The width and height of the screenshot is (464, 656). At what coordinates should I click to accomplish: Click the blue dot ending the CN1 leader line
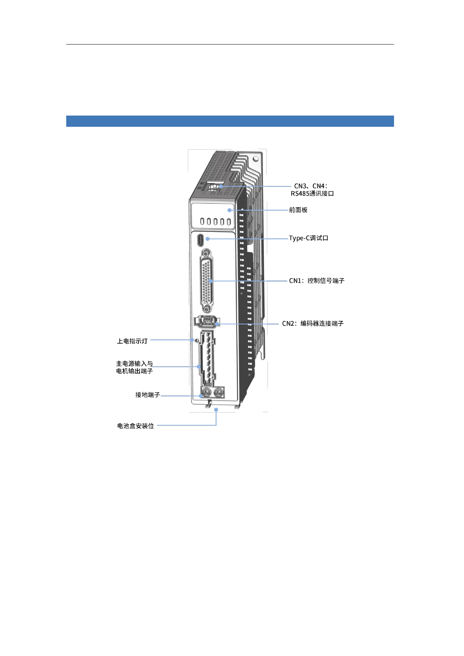210,281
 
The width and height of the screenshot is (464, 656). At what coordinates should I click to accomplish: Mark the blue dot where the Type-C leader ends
208,239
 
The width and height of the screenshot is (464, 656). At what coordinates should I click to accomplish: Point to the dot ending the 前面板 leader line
229,210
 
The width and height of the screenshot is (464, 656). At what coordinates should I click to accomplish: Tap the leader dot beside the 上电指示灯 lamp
192,340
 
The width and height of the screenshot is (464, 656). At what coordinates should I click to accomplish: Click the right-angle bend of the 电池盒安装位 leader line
216,425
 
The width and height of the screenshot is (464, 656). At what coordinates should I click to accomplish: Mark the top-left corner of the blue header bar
66,116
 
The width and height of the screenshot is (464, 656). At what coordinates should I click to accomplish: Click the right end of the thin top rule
394,44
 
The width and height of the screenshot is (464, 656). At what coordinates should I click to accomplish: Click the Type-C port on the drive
201,240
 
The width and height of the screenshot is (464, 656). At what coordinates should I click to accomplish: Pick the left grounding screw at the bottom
206,393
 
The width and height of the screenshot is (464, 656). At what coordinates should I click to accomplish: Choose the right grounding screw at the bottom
219,392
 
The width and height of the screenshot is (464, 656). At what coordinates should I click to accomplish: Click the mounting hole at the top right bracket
256,159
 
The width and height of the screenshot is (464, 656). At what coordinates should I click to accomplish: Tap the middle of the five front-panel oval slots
215,221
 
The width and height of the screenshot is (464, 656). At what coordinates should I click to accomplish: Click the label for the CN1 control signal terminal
317,281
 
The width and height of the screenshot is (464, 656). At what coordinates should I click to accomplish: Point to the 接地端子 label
147,395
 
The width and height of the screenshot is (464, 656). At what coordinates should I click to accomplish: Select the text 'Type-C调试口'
308,238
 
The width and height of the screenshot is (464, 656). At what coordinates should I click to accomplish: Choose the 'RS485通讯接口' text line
312,194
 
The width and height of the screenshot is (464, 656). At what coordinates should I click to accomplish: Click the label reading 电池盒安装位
135,426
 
